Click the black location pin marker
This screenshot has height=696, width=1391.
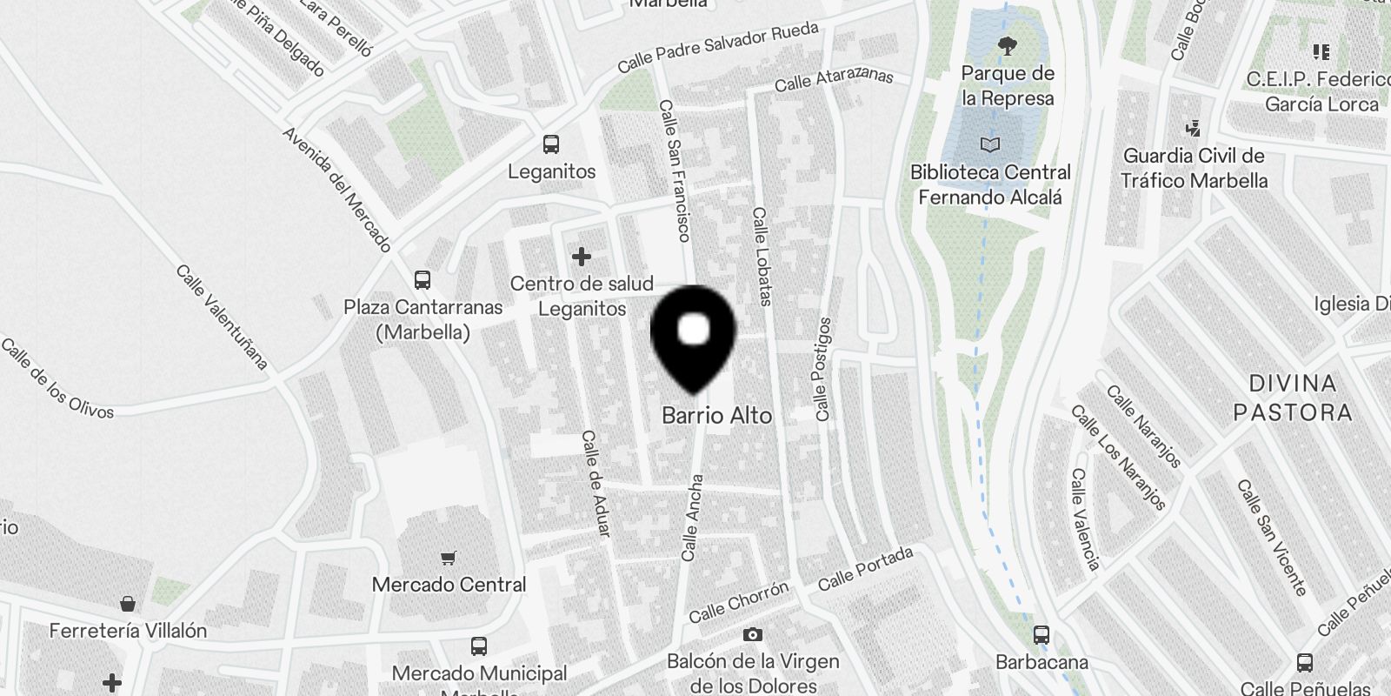tap(693, 335)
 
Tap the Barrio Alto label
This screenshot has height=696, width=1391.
tap(716, 416)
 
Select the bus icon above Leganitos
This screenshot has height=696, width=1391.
tap(551, 144)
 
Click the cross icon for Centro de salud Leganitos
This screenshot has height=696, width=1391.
tap(582, 257)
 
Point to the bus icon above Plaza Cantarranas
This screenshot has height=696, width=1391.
tap(423, 280)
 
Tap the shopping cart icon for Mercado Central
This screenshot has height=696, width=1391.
tap(449, 558)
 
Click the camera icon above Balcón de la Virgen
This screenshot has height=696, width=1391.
tap(753, 635)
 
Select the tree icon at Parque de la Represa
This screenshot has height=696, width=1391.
tap(1008, 45)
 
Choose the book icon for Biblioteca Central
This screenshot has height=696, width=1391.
tap(989, 144)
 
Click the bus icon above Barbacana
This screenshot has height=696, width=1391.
tap(1042, 635)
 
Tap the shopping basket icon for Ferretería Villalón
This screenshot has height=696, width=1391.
tap(128, 604)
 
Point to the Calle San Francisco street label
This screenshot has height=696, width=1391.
tap(675, 171)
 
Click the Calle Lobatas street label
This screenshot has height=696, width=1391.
tap(762, 257)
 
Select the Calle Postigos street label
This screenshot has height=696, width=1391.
tap(822, 370)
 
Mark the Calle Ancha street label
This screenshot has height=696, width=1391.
tap(692, 518)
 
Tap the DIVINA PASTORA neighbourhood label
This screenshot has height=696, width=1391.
tap(1293, 398)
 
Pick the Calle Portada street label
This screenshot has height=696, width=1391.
tap(866, 566)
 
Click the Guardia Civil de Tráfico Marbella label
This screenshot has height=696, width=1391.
tap(1194, 169)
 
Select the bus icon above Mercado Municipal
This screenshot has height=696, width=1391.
tap(478, 646)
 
